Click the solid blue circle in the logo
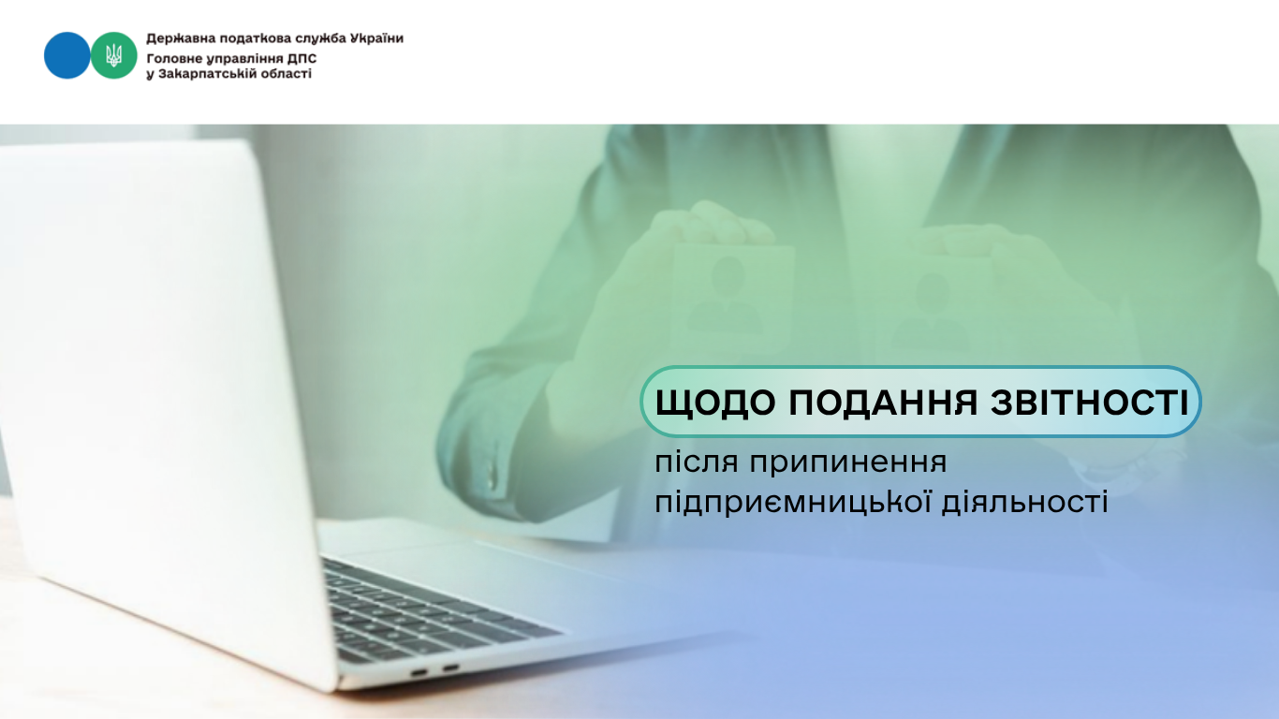tap(66, 55)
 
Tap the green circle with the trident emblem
tap(113, 55)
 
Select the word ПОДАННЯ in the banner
tap(883, 402)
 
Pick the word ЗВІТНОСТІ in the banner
tap(1090, 402)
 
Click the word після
tap(697, 462)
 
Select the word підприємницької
tap(791, 503)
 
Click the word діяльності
tap(1025, 501)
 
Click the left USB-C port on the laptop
tap(419, 672)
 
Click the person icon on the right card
tap(932, 311)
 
